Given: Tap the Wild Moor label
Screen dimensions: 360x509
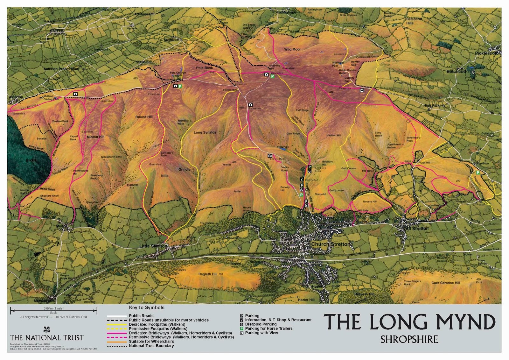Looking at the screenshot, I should (292, 49).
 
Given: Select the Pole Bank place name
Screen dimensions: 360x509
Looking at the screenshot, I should (205, 68).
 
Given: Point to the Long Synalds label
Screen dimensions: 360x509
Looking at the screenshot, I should (205, 132).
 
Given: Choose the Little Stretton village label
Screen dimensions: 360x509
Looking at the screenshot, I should (153, 246).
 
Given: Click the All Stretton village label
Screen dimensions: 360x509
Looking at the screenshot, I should (417, 229).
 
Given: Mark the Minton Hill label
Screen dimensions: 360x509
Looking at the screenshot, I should (95, 137).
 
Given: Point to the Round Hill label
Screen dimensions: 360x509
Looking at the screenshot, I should (144, 117).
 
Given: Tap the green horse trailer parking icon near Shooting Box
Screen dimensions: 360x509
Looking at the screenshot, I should (272, 76).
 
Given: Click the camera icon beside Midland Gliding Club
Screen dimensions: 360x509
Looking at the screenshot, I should (75, 94).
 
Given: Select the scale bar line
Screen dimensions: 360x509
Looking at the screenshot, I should (53, 309).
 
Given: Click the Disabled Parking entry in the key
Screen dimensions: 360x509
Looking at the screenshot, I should (261, 324).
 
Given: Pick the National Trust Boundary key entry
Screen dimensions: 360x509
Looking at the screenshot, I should (151, 346).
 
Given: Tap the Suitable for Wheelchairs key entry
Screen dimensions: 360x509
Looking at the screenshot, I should (151, 341).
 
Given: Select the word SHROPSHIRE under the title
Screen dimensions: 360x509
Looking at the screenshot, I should (409, 339).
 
